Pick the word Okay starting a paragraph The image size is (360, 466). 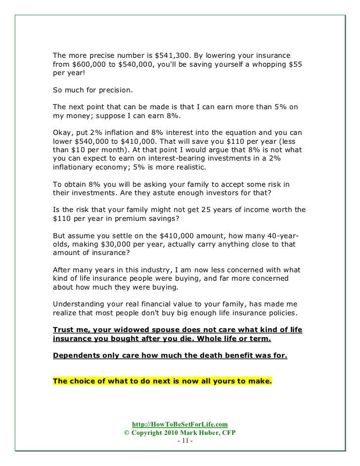(x=61, y=133)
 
